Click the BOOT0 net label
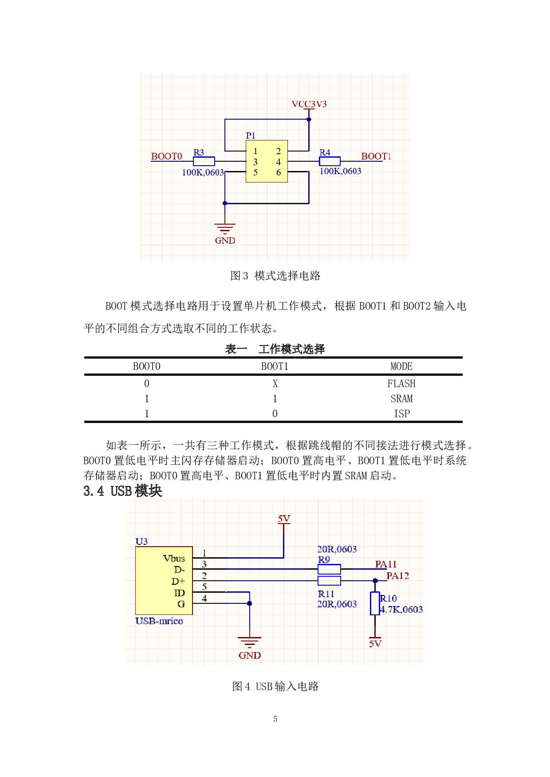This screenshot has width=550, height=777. point(166,156)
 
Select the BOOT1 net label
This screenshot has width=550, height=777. point(376,156)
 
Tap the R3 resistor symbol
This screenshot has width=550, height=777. point(204,161)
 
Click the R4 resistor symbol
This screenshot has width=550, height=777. point(330,161)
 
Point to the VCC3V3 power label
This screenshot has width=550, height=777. point(309,104)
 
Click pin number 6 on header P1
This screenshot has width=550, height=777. point(279,173)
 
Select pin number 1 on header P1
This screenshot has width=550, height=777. point(255,152)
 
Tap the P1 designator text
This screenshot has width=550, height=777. point(251,136)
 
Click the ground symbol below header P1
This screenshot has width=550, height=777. point(225,228)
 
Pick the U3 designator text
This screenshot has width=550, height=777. point(141,541)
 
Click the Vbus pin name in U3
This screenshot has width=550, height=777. point(174,559)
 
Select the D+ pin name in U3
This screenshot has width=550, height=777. point(178,581)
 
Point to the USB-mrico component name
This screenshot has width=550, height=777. point(159,621)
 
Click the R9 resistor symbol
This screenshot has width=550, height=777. point(329,569)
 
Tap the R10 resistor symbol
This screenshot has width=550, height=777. point(375,603)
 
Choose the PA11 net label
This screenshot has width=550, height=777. point(385,564)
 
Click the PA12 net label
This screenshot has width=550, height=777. point(397,576)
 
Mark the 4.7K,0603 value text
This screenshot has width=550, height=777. point(401,610)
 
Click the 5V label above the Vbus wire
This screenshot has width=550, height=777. point(284,519)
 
